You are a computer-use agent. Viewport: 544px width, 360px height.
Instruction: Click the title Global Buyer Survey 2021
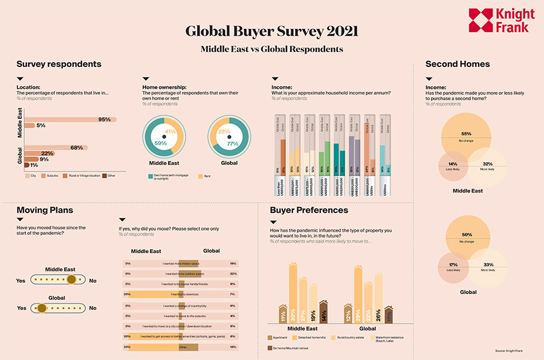tap(271, 31)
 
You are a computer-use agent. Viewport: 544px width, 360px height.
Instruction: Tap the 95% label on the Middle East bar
tap(105, 120)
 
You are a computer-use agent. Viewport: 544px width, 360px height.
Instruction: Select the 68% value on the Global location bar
tap(77, 147)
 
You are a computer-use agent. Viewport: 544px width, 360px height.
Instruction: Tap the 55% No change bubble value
tap(466, 133)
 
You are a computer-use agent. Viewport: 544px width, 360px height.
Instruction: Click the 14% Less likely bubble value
tap(452, 164)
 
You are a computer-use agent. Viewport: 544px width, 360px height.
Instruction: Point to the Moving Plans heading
tap(45, 210)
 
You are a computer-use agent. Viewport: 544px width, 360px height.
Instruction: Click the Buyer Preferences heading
tap(309, 210)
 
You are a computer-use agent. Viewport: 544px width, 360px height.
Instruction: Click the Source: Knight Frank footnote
tap(511, 350)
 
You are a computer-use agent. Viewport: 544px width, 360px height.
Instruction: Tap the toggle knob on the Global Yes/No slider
tap(42, 308)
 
